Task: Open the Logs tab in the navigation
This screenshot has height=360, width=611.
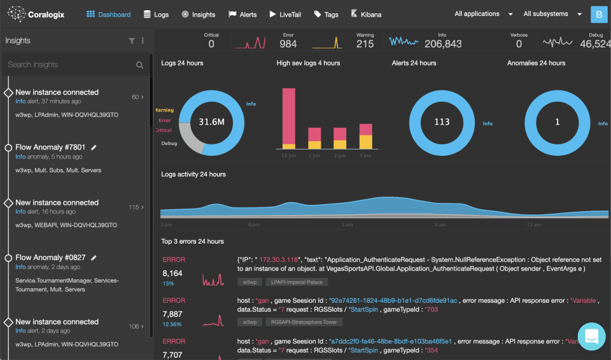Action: click(156, 14)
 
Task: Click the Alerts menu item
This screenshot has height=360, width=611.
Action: click(242, 14)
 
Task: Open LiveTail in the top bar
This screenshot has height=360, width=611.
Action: click(285, 14)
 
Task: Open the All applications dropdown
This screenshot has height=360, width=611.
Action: click(484, 14)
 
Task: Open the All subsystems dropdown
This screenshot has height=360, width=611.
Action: click(552, 14)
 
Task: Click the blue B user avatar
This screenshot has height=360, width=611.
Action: click(599, 14)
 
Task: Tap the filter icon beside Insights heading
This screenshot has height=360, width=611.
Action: click(132, 41)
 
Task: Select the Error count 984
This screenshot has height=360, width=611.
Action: click(288, 44)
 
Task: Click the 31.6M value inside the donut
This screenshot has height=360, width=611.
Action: click(211, 121)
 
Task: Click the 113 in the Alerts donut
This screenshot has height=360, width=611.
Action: click(442, 121)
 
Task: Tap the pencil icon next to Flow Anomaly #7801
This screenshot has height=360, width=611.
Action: click(94, 148)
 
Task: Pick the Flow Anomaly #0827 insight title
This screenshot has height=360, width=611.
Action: click(50, 258)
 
